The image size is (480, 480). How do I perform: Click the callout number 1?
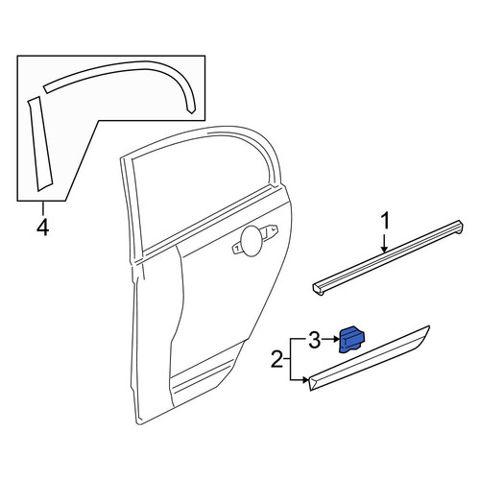click(x=386, y=222)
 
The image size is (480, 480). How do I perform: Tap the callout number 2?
click(x=277, y=359)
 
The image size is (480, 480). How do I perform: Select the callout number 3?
click(x=314, y=340)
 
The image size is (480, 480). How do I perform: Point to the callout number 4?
click(x=43, y=228)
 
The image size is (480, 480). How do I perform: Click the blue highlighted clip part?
click(x=352, y=340)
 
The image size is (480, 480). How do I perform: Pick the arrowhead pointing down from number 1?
click(x=384, y=249)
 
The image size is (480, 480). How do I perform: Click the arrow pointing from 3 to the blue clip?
click(x=330, y=339)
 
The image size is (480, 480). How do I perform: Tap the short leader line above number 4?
click(x=43, y=208)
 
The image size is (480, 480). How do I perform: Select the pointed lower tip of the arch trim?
click(x=191, y=112)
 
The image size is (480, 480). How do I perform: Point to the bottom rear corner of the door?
click(x=138, y=423)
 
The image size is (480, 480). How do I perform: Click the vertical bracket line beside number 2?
click(x=290, y=359)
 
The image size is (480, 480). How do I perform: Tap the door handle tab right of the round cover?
click(x=272, y=229)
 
